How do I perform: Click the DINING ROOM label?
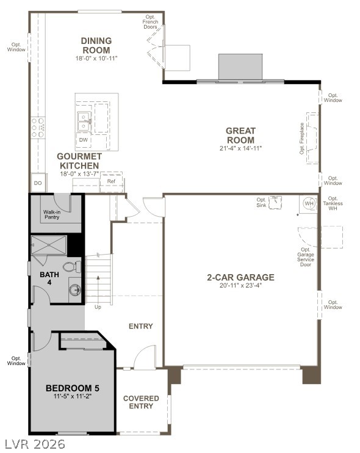[96, 46]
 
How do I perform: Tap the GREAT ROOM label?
[240, 136]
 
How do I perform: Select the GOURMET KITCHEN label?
[78, 161]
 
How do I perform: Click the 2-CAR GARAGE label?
[240, 277]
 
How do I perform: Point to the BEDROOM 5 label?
[72, 388]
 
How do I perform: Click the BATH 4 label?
[49, 278]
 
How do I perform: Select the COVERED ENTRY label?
[141, 402]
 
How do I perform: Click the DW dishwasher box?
[82, 140]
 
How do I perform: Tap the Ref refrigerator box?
[111, 181]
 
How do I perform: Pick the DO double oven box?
[38, 183]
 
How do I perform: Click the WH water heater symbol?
[308, 204]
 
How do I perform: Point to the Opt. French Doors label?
[150, 22]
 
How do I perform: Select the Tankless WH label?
[333, 205]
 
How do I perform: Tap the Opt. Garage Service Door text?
[306, 259]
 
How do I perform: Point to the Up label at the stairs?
[98, 307]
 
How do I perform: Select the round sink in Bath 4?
[75, 290]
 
